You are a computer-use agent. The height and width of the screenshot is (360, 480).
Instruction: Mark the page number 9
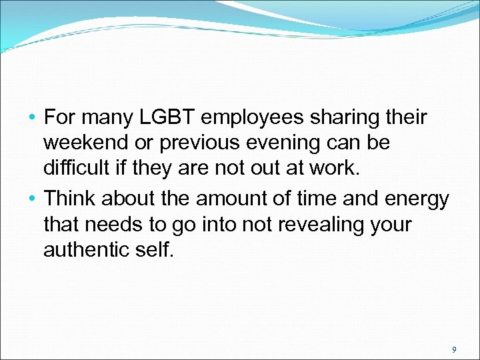tap(453, 349)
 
